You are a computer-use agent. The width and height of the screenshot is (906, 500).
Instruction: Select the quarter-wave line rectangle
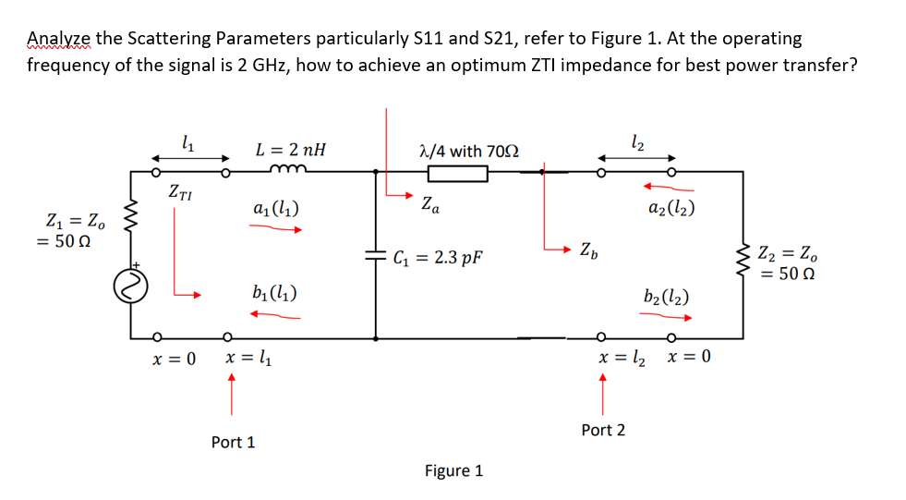(456, 173)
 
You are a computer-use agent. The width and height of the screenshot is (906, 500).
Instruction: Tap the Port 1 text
(233, 442)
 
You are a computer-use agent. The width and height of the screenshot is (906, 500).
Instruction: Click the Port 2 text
(602, 430)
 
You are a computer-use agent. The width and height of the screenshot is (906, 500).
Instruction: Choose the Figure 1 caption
(453, 470)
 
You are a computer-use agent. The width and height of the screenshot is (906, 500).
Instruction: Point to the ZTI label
(181, 192)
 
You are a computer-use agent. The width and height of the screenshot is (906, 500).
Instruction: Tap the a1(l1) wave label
(274, 210)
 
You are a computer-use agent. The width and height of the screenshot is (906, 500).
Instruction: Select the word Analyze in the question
(59, 38)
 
